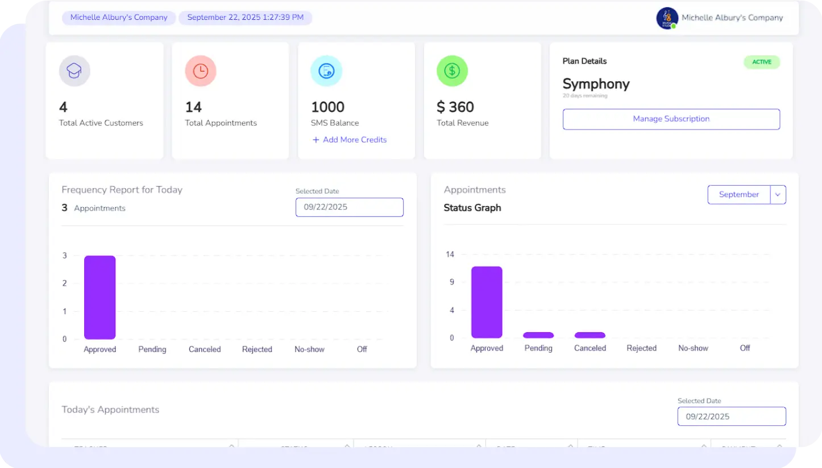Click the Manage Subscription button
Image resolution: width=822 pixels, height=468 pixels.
click(671, 119)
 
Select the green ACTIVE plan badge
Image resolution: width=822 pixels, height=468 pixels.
click(762, 62)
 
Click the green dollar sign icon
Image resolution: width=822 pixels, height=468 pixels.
click(452, 71)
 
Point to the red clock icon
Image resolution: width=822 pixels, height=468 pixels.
click(201, 71)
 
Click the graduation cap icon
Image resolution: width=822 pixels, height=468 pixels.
click(74, 71)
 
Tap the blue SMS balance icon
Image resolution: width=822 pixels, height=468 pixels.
click(326, 71)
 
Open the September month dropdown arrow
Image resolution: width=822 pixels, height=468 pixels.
click(778, 195)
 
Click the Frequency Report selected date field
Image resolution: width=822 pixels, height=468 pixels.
click(349, 207)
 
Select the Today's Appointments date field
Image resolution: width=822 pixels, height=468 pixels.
click(731, 416)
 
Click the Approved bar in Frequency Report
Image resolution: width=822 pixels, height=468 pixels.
click(100, 297)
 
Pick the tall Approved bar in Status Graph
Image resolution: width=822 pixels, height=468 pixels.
click(487, 302)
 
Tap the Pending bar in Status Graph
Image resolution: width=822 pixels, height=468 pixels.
click(538, 335)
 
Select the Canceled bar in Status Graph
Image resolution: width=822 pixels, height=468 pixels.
click(590, 335)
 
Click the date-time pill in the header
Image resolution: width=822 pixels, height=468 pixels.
click(245, 18)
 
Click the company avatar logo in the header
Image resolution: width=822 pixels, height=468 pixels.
click(667, 18)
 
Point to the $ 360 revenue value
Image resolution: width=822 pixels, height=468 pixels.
click(455, 107)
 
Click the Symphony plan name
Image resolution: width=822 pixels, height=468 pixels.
click(596, 84)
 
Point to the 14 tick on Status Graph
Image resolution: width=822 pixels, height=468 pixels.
click(450, 254)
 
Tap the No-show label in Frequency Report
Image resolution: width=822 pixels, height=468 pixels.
click(309, 349)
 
